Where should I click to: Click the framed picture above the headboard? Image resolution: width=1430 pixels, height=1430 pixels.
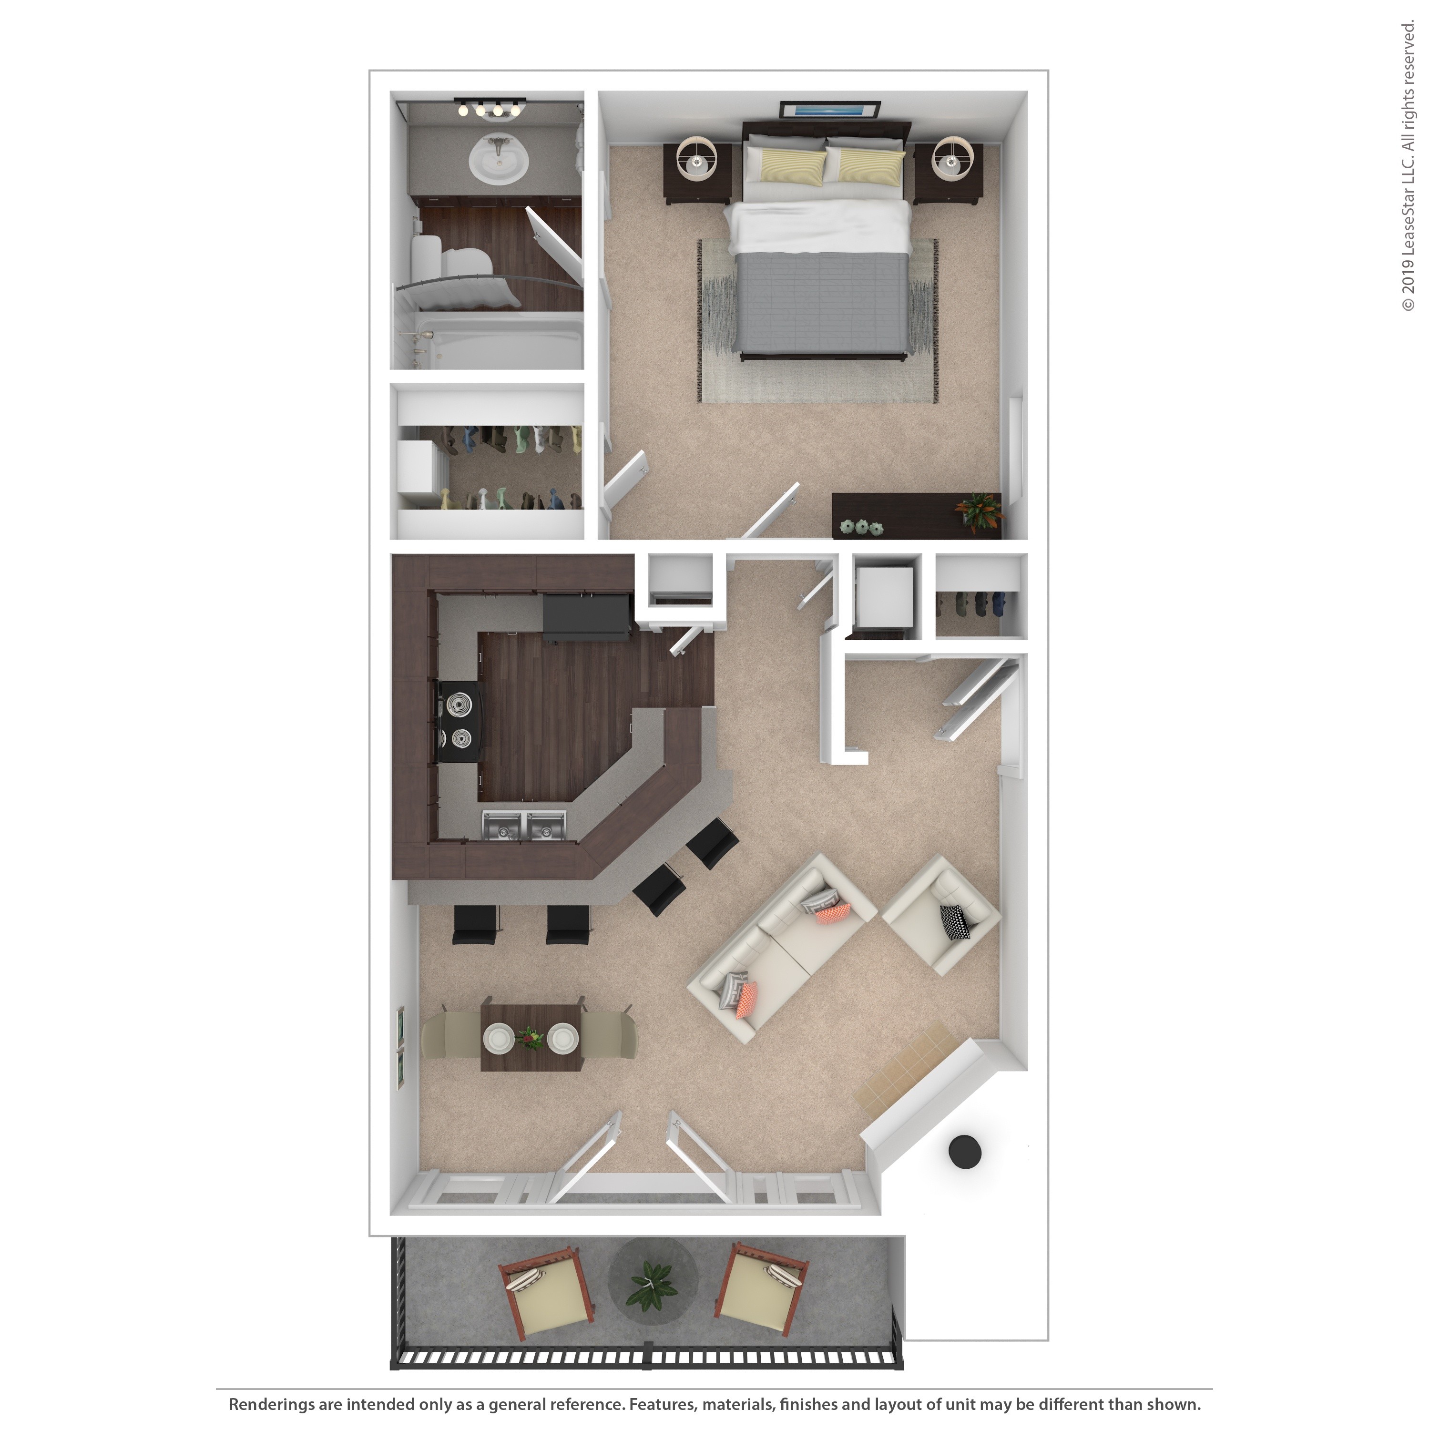[x=830, y=110]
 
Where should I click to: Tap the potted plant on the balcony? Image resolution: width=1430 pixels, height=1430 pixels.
[x=651, y=1286]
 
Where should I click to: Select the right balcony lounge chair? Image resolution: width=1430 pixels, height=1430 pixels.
[x=761, y=1290]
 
